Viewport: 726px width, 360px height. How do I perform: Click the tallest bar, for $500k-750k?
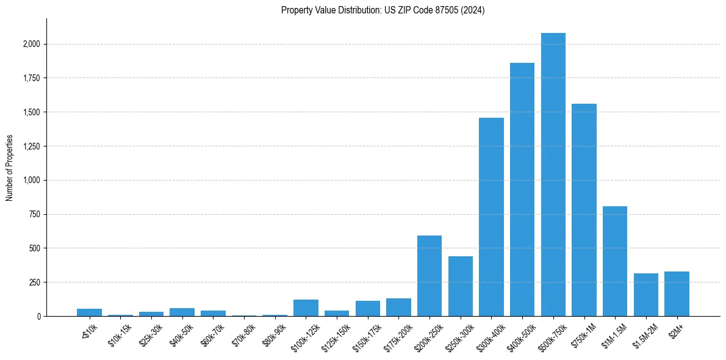click(x=553, y=175)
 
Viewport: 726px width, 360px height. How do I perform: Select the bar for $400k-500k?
click(x=522, y=189)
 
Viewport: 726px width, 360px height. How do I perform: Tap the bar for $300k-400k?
click(x=491, y=217)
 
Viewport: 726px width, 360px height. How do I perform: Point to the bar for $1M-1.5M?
click(x=615, y=261)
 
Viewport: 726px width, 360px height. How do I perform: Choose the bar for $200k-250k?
click(x=429, y=276)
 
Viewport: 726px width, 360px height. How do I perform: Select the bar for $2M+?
click(x=677, y=294)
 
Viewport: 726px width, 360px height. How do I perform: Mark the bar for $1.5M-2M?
click(x=646, y=295)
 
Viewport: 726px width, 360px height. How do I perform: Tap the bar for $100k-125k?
click(x=306, y=308)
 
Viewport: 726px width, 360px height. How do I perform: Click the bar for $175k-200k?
click(x=398, y=308)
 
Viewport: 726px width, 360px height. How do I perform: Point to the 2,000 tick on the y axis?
click(x=32, y=44)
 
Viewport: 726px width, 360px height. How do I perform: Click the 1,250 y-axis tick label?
click(x=32, y=146)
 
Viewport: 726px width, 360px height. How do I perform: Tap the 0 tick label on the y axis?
click(x=38, y=317)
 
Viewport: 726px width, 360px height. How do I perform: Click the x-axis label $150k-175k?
click(x=367, y=334)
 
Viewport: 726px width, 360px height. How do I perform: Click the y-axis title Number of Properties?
click(x=10, y=167)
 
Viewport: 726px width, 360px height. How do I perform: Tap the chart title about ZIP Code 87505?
click(x=383, y=10)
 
